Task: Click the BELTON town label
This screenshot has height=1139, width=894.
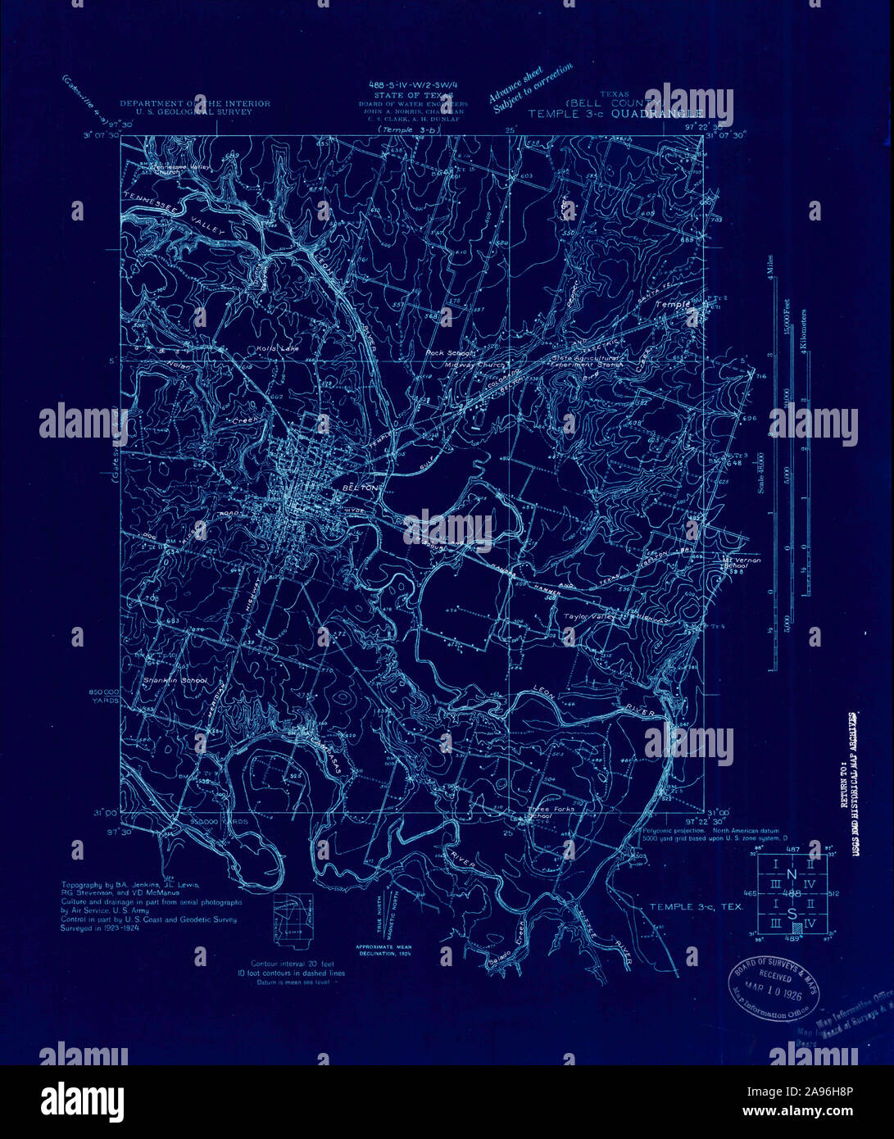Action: tap(360, 487)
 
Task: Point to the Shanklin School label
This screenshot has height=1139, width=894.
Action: tap(175, 680)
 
